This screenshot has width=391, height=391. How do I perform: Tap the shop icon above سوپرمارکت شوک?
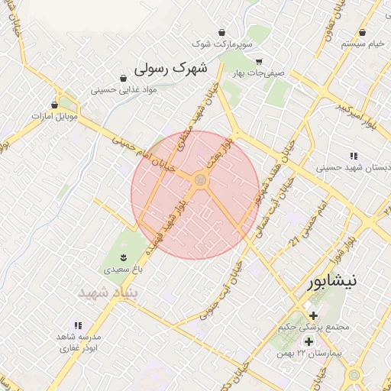point(221,32)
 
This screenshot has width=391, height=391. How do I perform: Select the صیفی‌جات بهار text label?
point(259,74)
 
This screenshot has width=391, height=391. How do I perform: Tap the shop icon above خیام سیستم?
point(362,33)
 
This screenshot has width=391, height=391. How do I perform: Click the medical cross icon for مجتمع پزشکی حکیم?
point(313,315)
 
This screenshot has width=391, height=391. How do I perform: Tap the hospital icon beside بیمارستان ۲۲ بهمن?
point(309,341)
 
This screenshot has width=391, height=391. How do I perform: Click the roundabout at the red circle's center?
point(200,180)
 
